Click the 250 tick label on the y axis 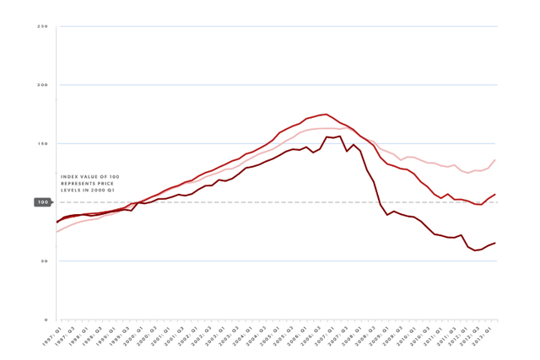tap(42, 27)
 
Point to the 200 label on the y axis tap(42, 85)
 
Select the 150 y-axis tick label tap(42, 144)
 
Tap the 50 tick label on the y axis tap(43, 261)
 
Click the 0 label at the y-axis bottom tap(45, 320)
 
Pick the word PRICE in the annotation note tap(109, 184)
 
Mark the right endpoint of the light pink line tap(495, 160)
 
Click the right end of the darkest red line tap(495, 243)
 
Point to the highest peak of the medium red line tap(326, 114)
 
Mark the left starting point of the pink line tap(57, 232)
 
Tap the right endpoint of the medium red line tap(495, 195)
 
